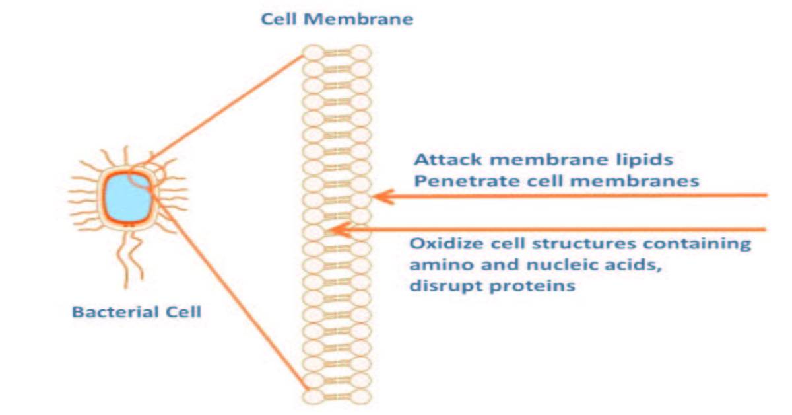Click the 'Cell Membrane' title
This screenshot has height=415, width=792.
point(337,19)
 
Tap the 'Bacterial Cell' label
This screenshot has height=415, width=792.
point(136,311)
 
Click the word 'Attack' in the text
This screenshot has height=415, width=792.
point(442,160)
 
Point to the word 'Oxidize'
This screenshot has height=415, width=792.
point(442,243)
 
